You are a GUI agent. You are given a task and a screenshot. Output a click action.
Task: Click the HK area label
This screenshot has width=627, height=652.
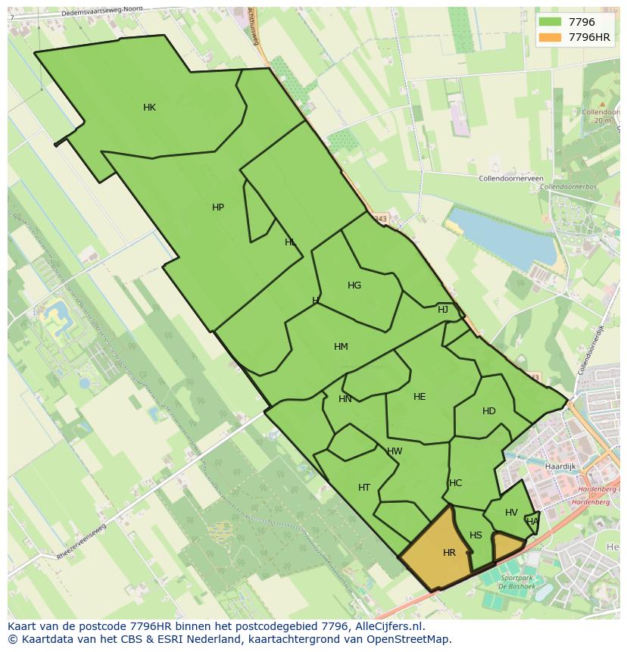149,108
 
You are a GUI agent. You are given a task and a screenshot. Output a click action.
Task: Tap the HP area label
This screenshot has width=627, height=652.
218,207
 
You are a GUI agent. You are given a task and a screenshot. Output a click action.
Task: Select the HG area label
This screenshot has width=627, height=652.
354,285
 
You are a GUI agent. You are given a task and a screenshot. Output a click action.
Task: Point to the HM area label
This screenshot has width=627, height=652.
341,347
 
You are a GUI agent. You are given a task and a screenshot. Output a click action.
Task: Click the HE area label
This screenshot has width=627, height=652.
420,397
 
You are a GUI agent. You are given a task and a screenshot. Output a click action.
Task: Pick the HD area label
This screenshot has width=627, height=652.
489,411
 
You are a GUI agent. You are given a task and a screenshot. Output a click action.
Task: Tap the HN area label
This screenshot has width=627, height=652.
345,399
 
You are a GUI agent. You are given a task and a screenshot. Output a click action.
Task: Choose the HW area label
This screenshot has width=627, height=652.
395,451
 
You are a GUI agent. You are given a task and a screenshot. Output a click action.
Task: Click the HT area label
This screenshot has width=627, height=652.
364,488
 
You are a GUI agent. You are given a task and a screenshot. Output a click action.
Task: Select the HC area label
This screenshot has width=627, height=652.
455,483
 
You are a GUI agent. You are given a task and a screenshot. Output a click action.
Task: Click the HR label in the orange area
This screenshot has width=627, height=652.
449,553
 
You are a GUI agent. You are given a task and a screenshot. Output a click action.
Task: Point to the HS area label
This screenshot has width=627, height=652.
476,535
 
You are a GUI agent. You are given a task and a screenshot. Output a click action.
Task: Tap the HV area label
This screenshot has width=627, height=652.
511,513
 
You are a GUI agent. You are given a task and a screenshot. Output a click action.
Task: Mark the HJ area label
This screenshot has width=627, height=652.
443,310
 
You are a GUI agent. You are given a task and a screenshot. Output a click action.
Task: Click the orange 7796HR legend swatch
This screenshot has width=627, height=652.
551,37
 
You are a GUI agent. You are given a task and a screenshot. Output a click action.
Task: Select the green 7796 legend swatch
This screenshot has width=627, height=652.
551,22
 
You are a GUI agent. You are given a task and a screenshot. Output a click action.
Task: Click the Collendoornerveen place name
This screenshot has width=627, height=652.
511,179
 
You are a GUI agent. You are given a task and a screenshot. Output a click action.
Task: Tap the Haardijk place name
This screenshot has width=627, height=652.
562,467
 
